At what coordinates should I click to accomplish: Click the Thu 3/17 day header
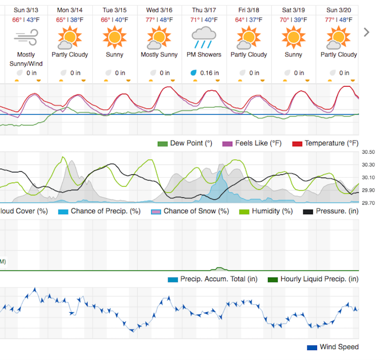204,9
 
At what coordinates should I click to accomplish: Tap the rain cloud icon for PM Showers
204,37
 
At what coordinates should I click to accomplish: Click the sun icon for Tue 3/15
114,37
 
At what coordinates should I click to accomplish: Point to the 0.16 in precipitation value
209,73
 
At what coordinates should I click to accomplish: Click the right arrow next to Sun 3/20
367,32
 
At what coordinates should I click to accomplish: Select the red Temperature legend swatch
297,143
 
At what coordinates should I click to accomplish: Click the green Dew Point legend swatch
163,143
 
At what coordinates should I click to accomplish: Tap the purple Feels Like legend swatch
228,143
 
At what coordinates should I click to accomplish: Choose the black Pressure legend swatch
308,211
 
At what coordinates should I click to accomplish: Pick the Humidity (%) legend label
272,211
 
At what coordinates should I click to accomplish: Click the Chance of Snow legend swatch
156,211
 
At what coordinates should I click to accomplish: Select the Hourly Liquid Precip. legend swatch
273,279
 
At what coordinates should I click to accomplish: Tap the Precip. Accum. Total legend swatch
173,279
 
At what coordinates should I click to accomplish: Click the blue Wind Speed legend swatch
312,347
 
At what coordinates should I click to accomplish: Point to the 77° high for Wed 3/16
150,20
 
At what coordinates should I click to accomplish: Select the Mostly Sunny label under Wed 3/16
159,54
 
